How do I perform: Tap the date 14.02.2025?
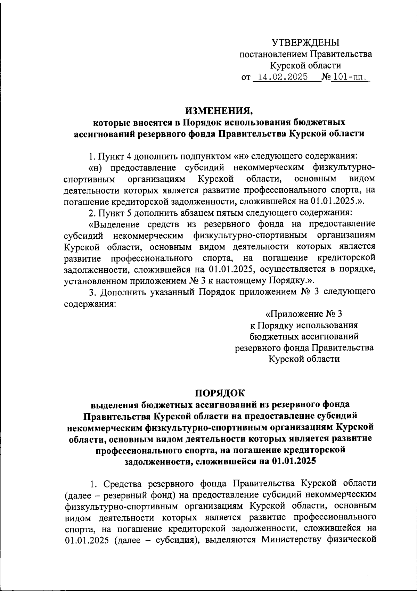point(281,77)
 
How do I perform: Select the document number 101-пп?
point(349,77)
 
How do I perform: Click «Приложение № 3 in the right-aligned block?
point(304,314)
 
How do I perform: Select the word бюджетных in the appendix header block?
point(271,336)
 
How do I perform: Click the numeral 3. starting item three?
point(92,292)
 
